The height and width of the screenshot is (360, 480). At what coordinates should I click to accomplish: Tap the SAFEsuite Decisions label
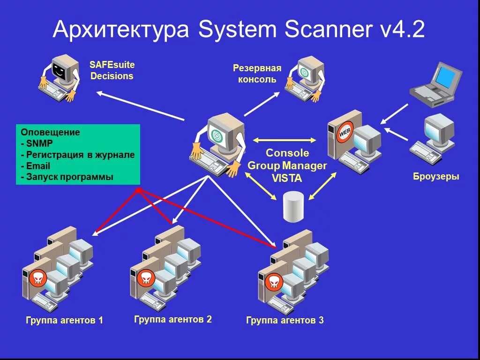[x=112, y=70]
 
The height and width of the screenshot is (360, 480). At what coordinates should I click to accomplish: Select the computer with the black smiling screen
[x=59, y=78]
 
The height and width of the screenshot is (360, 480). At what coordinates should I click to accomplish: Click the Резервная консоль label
[x=257, y=74]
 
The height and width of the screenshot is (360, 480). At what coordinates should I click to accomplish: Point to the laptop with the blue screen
[x=435, y=82]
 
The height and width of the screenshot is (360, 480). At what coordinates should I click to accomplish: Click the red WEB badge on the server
[x=345, y=132]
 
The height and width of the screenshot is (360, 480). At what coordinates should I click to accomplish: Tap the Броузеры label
[x=436, y=177]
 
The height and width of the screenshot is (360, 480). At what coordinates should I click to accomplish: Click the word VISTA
[x=287, y=179]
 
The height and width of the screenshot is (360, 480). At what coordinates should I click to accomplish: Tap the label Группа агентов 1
[x=64, y=321]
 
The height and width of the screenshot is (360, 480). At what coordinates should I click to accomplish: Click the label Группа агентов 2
[x=172, y=320]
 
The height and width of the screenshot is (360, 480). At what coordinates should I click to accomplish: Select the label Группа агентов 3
[x=285, y=321]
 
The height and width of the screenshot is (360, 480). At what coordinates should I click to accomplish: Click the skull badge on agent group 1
[x=37, y=278]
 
